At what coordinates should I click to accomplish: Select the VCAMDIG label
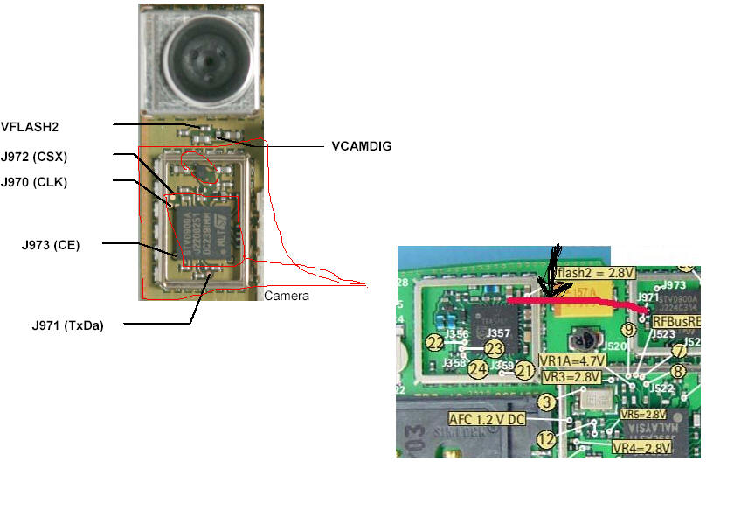pyautogui.click(x=361, y=146)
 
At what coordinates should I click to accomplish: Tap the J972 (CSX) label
pyautogui.click(x=34, y=157)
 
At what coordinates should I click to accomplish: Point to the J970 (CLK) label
pyautogui.click(x=34, y=182)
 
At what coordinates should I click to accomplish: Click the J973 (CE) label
pyautogui.click(x=54, y=245)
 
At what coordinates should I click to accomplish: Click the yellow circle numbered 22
pyautogui.click(x=435, y=342)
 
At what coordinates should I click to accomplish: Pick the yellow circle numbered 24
pyautogui.click(x=477, y=368)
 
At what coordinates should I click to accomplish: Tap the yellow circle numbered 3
pyautogui.click(x=547, y=402)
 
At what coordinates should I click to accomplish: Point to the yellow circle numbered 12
pyautogui.click(x=546, y=439)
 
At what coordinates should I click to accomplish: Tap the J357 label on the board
pyautogui.click(x=498, y=333)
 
